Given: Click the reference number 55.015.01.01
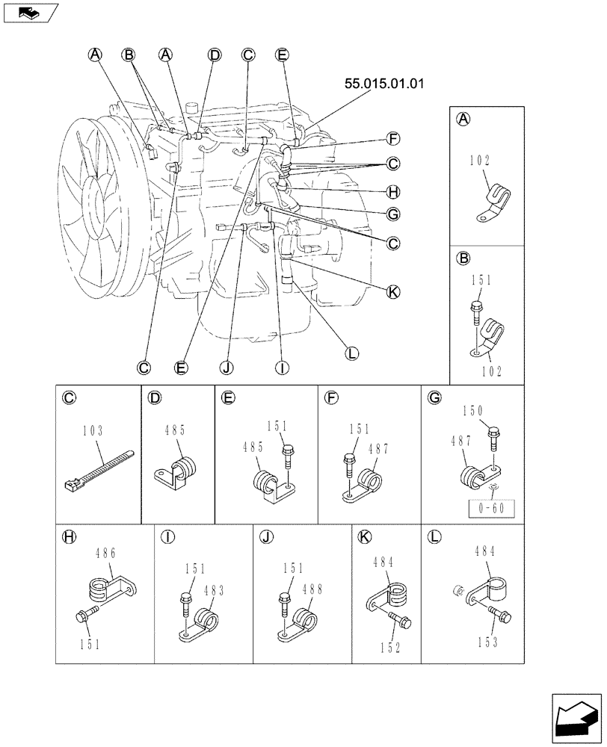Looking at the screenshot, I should (383, 84).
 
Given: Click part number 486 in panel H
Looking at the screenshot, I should (107, 554).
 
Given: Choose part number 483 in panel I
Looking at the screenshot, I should (215, 589).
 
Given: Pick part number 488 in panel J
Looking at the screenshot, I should (312, 589).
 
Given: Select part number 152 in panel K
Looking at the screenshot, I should (389, 647).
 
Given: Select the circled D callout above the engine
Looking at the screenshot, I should (215, 55).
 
